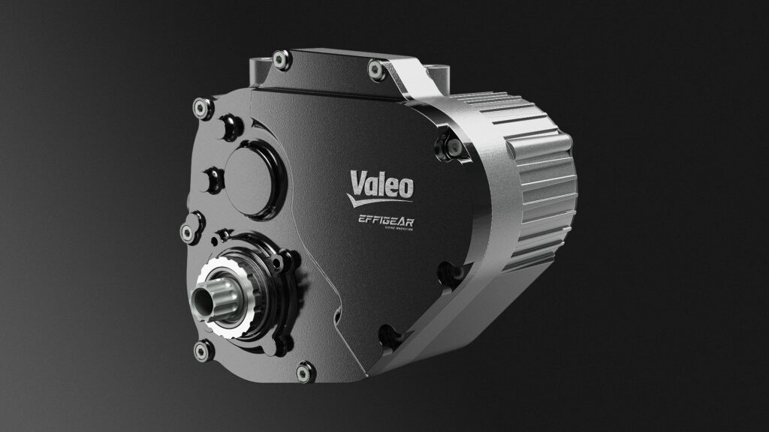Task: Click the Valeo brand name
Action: point(380,183)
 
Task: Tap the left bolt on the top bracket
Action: point(280,56)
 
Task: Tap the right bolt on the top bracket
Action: point(373,70)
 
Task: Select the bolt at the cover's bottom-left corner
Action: point(201,349)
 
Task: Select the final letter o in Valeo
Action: point(404,185)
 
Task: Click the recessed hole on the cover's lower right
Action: point(387,331)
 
